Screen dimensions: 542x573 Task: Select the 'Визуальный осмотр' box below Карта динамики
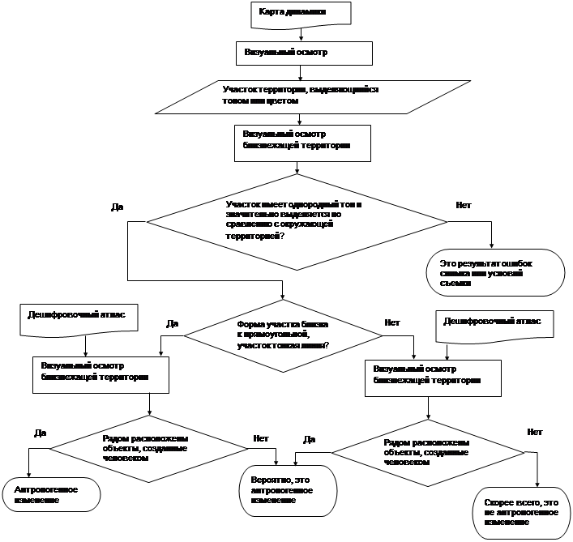304,53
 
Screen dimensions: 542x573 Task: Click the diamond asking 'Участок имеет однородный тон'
296,220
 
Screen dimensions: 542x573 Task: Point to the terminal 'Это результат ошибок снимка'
494,274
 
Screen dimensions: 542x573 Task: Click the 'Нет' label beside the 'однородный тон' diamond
464,205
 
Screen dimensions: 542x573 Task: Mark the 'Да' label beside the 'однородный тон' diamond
118,207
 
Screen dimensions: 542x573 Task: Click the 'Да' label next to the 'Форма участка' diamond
172,323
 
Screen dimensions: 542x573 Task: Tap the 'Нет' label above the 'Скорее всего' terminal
534,432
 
